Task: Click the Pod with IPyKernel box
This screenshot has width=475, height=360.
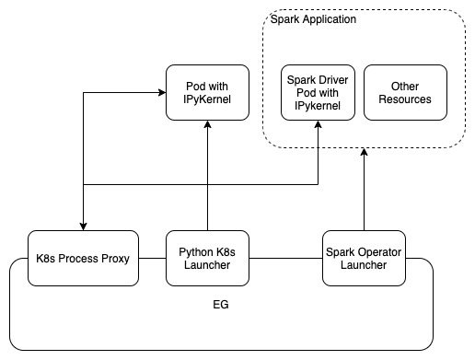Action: point(207,92)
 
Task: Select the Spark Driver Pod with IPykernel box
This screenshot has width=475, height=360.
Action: point(318,92)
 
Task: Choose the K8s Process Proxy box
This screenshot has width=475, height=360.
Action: point(83,259)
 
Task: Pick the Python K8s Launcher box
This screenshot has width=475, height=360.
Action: point(208,259)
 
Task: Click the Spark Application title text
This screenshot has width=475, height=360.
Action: point(314,19)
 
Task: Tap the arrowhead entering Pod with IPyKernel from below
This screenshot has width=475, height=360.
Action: point(208,125)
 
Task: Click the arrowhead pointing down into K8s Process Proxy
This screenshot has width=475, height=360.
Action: point(83,226)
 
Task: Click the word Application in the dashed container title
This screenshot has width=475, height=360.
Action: point(329,19)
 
